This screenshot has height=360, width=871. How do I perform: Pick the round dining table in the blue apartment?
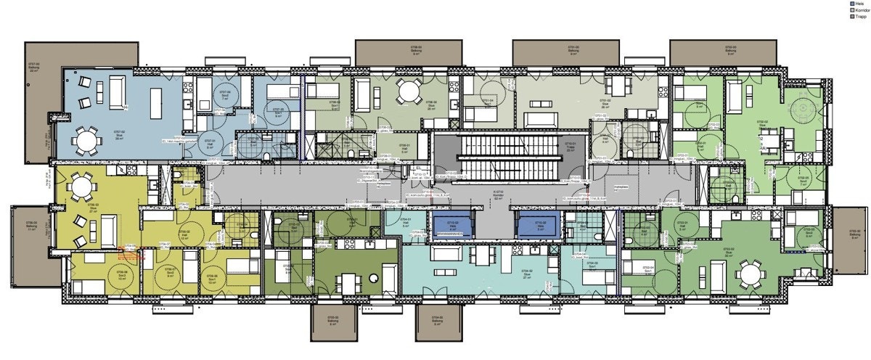coord(86,140)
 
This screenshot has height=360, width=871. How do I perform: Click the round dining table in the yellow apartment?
coord(78,190)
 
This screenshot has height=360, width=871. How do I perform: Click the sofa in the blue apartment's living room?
coord(117,91)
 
